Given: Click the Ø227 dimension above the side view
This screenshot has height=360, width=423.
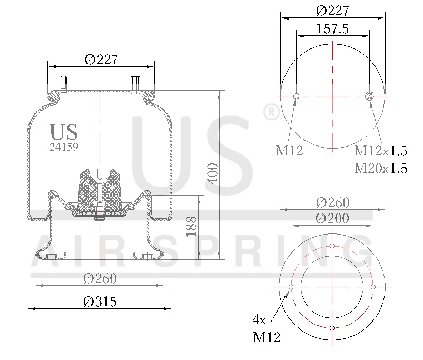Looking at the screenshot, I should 101,60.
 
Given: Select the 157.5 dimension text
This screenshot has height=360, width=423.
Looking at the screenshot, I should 332,29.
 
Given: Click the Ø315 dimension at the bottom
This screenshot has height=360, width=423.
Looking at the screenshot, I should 100,301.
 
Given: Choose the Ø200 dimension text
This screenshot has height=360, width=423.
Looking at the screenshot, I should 332,218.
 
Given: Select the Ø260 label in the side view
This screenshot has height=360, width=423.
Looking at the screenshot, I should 100,278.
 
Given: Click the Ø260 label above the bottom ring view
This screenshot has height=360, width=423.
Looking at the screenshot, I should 332,202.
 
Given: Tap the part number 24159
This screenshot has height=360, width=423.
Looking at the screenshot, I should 64,148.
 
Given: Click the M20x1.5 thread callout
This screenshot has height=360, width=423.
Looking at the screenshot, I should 380,168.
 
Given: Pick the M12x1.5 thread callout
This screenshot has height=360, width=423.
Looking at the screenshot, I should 380,151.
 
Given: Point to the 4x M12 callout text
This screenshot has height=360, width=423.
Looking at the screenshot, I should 266,328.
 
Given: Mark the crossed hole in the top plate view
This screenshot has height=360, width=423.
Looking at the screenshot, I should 369,96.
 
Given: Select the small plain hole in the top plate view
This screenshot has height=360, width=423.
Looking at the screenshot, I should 296,96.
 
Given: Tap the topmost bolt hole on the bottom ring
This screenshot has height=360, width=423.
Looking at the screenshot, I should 332,246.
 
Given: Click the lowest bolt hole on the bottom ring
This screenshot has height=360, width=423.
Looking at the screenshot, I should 332,328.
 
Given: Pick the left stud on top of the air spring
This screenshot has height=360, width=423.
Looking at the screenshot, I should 64,84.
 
